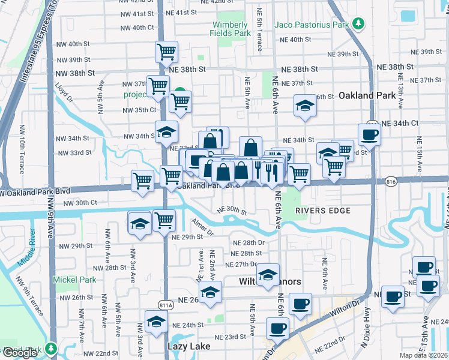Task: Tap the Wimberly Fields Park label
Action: [x=230, y=29]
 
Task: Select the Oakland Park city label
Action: [x=367, y=95]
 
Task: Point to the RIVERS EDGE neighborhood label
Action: [x=324, y=211]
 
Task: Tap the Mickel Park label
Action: [x=74, y=280]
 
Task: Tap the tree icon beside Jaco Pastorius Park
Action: [x=358, y=24]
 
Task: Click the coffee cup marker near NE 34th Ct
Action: [x=369, y=135]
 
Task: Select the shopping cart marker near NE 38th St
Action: [x=166, y=52]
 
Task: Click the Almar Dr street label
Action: [x=202, y=229]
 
